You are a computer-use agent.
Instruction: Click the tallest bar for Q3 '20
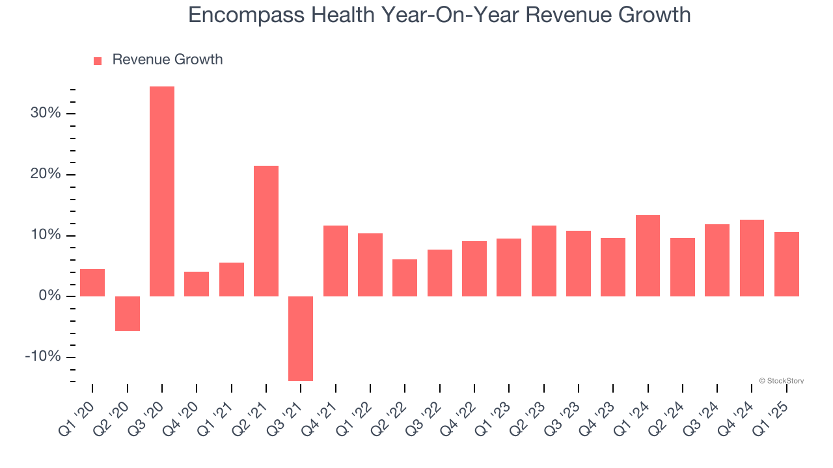point(162,191)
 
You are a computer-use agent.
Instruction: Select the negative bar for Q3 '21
point(301,338)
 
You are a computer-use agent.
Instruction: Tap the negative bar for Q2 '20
point(128,313)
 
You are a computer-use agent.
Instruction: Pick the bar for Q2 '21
point(266,231)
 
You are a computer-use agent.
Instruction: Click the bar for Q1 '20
point(92,283)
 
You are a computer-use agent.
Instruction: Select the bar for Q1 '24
point(648,255)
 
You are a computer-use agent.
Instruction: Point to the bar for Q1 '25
point(786,264)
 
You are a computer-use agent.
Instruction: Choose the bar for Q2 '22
point(405,278)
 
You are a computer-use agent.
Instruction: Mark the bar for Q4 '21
point(336,261)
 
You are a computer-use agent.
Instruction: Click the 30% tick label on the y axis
point(45,114)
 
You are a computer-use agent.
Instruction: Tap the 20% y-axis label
point(45,175)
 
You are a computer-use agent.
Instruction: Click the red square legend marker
point(98,61)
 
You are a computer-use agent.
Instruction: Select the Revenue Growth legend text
point(167,60)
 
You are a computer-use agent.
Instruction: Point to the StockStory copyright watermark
point(781,381)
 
